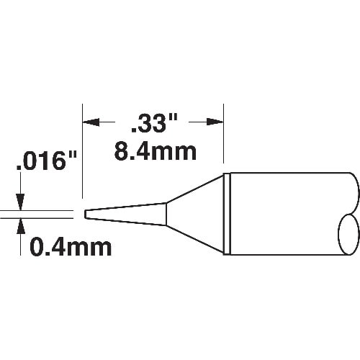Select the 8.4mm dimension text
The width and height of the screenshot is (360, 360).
pos(156,152)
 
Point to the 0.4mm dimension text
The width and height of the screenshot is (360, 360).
pos(70,248)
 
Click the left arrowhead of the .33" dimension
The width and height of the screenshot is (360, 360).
pos(89,123)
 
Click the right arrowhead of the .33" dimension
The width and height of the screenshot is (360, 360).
pos(217,123)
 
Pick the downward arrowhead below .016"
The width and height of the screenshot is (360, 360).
pos(22,203)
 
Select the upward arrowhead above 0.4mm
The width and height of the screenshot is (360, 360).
pos(22,225)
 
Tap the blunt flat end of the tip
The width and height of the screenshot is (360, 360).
pos(85,214)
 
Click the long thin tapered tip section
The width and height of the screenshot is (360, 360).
pos(126,213)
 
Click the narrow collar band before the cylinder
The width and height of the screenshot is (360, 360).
pos(226,213)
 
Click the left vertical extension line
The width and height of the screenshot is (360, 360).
pos(83,158)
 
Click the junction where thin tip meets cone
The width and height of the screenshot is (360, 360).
pos(167,213)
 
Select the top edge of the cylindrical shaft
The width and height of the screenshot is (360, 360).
pos(288,174)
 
